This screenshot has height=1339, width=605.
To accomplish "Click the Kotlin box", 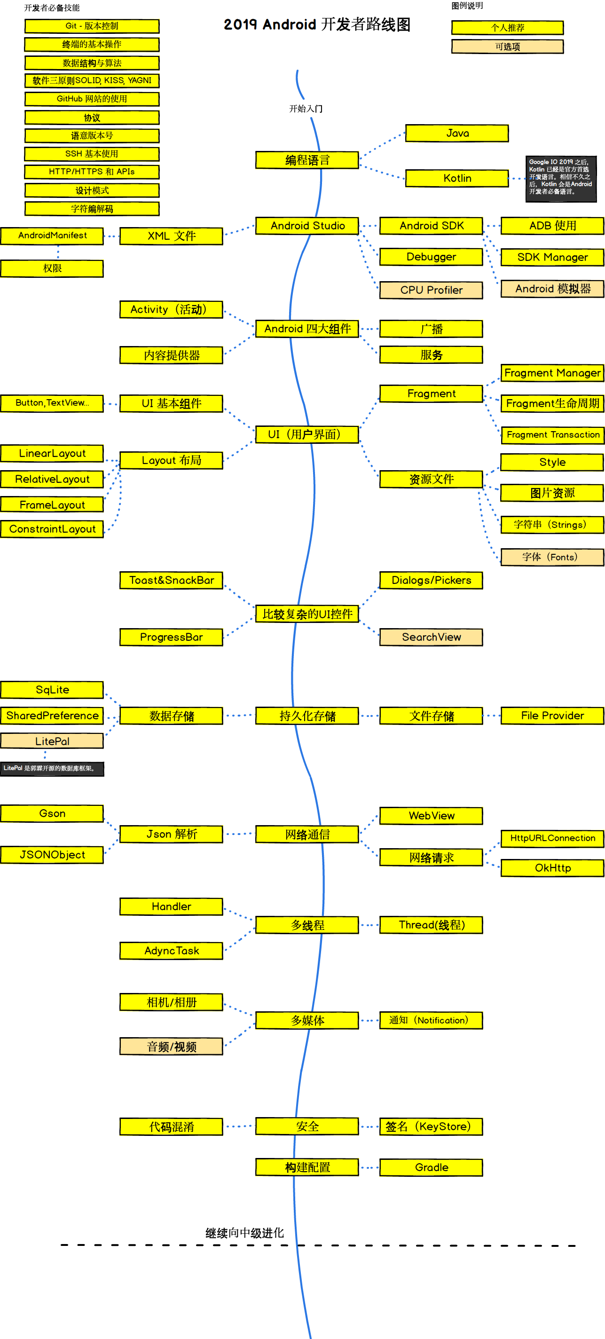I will [457, 178].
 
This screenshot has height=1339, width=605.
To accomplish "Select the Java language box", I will [457, 133].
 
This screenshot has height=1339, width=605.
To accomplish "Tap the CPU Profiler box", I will [431, 290].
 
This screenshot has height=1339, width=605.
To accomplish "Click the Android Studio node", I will [307, 226].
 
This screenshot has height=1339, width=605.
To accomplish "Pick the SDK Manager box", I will [552, 257].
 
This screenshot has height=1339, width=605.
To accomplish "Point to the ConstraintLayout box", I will [52, 529].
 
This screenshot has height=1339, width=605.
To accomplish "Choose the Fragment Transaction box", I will [552, 434].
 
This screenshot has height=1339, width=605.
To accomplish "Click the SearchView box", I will [431, 637].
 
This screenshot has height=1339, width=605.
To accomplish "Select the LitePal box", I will [52, 740].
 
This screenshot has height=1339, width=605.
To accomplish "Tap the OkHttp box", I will [552, 867].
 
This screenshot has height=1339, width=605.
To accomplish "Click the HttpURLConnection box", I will [552, 838].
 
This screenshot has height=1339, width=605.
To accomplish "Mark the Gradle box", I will [431, 1167].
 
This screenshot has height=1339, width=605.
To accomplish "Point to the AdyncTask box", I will [171, 951].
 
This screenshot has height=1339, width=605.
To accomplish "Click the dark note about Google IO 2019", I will [561, 178].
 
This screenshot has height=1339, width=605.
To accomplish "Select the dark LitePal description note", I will [52, 768].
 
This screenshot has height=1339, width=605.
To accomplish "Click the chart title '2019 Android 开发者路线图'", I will [316, 24].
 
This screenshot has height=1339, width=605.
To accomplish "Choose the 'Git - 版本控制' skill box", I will [92, 26].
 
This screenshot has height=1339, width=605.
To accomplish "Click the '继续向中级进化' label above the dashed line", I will [244, 1233].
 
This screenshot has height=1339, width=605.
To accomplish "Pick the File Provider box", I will [552, 716].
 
